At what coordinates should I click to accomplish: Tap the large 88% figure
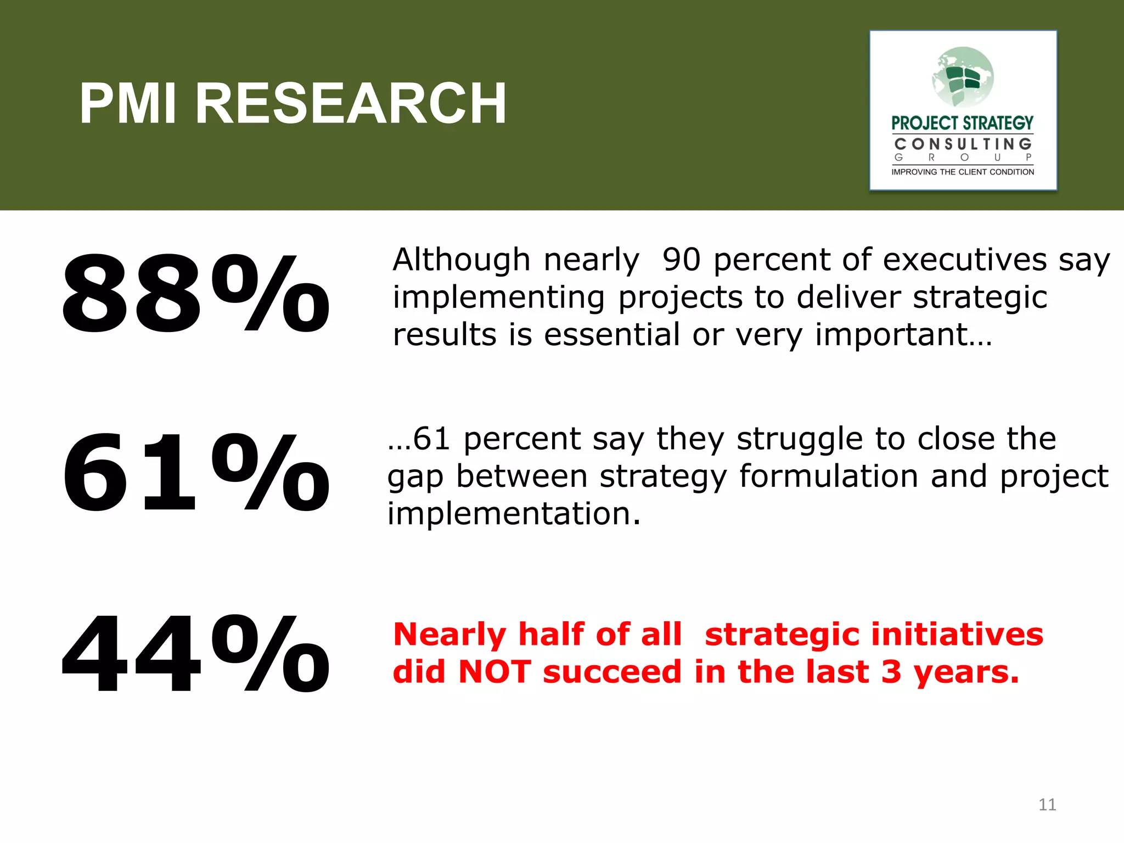tap(195, 294)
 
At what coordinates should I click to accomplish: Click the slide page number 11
tap(1047, 805)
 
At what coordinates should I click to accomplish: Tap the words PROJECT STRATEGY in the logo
tap(962, 123)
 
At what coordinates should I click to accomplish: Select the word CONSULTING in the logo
tap(963, 144)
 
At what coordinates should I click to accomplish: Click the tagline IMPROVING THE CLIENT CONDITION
tap(963, 172)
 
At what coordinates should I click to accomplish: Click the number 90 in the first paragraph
tap(681, 260)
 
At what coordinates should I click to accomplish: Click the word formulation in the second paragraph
tap(829, 476)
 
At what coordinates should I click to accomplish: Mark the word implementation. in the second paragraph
tap(514, 514)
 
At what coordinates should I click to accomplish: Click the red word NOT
tap(494, 672)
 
